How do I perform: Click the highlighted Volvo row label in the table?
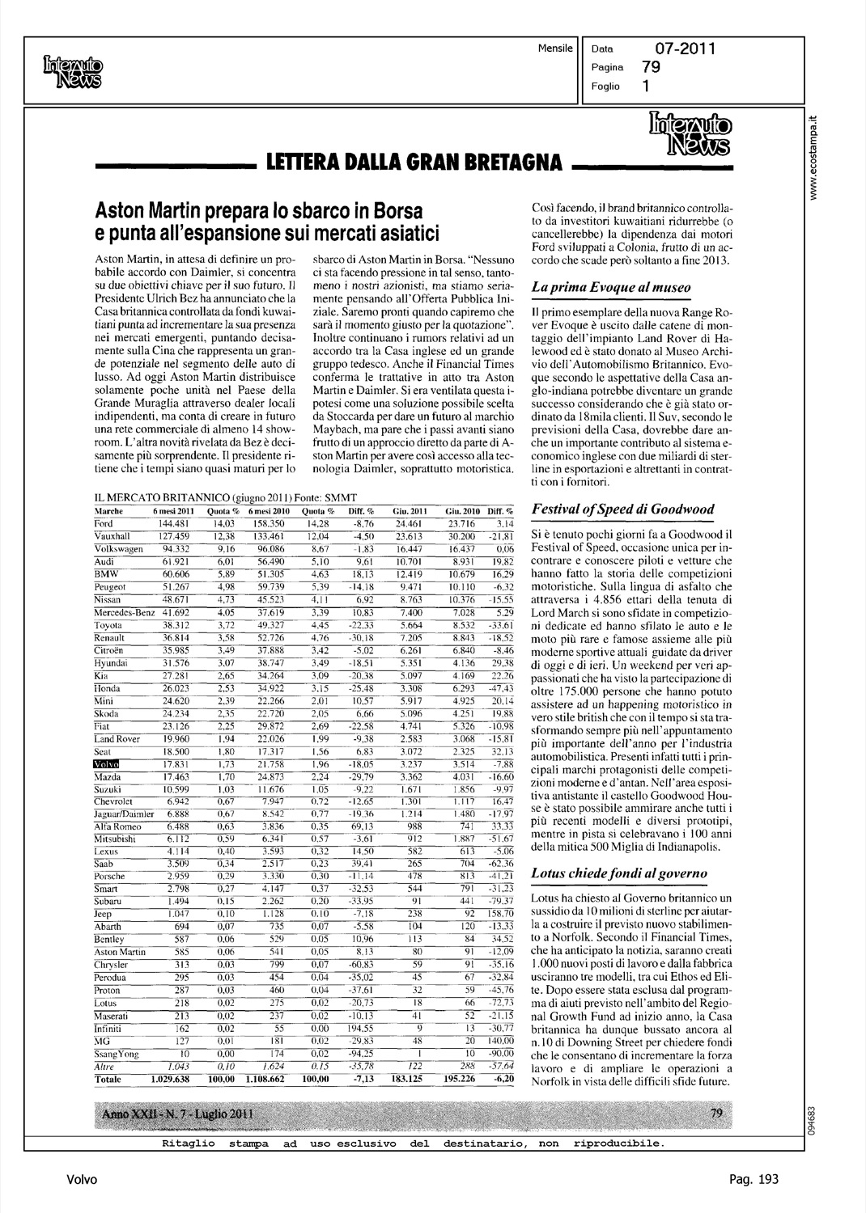[107, 764]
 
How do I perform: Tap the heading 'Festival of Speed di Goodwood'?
[622, 509]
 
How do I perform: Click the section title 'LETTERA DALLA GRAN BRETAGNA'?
[414, 164]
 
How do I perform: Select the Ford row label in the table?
[104, 524]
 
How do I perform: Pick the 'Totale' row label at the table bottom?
[109, 1080]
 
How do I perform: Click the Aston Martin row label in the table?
[121, 953]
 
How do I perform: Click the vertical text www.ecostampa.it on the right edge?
[820, 154]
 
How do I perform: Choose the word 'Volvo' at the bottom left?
[83, 1180]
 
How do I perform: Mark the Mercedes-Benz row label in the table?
[125, 613]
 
